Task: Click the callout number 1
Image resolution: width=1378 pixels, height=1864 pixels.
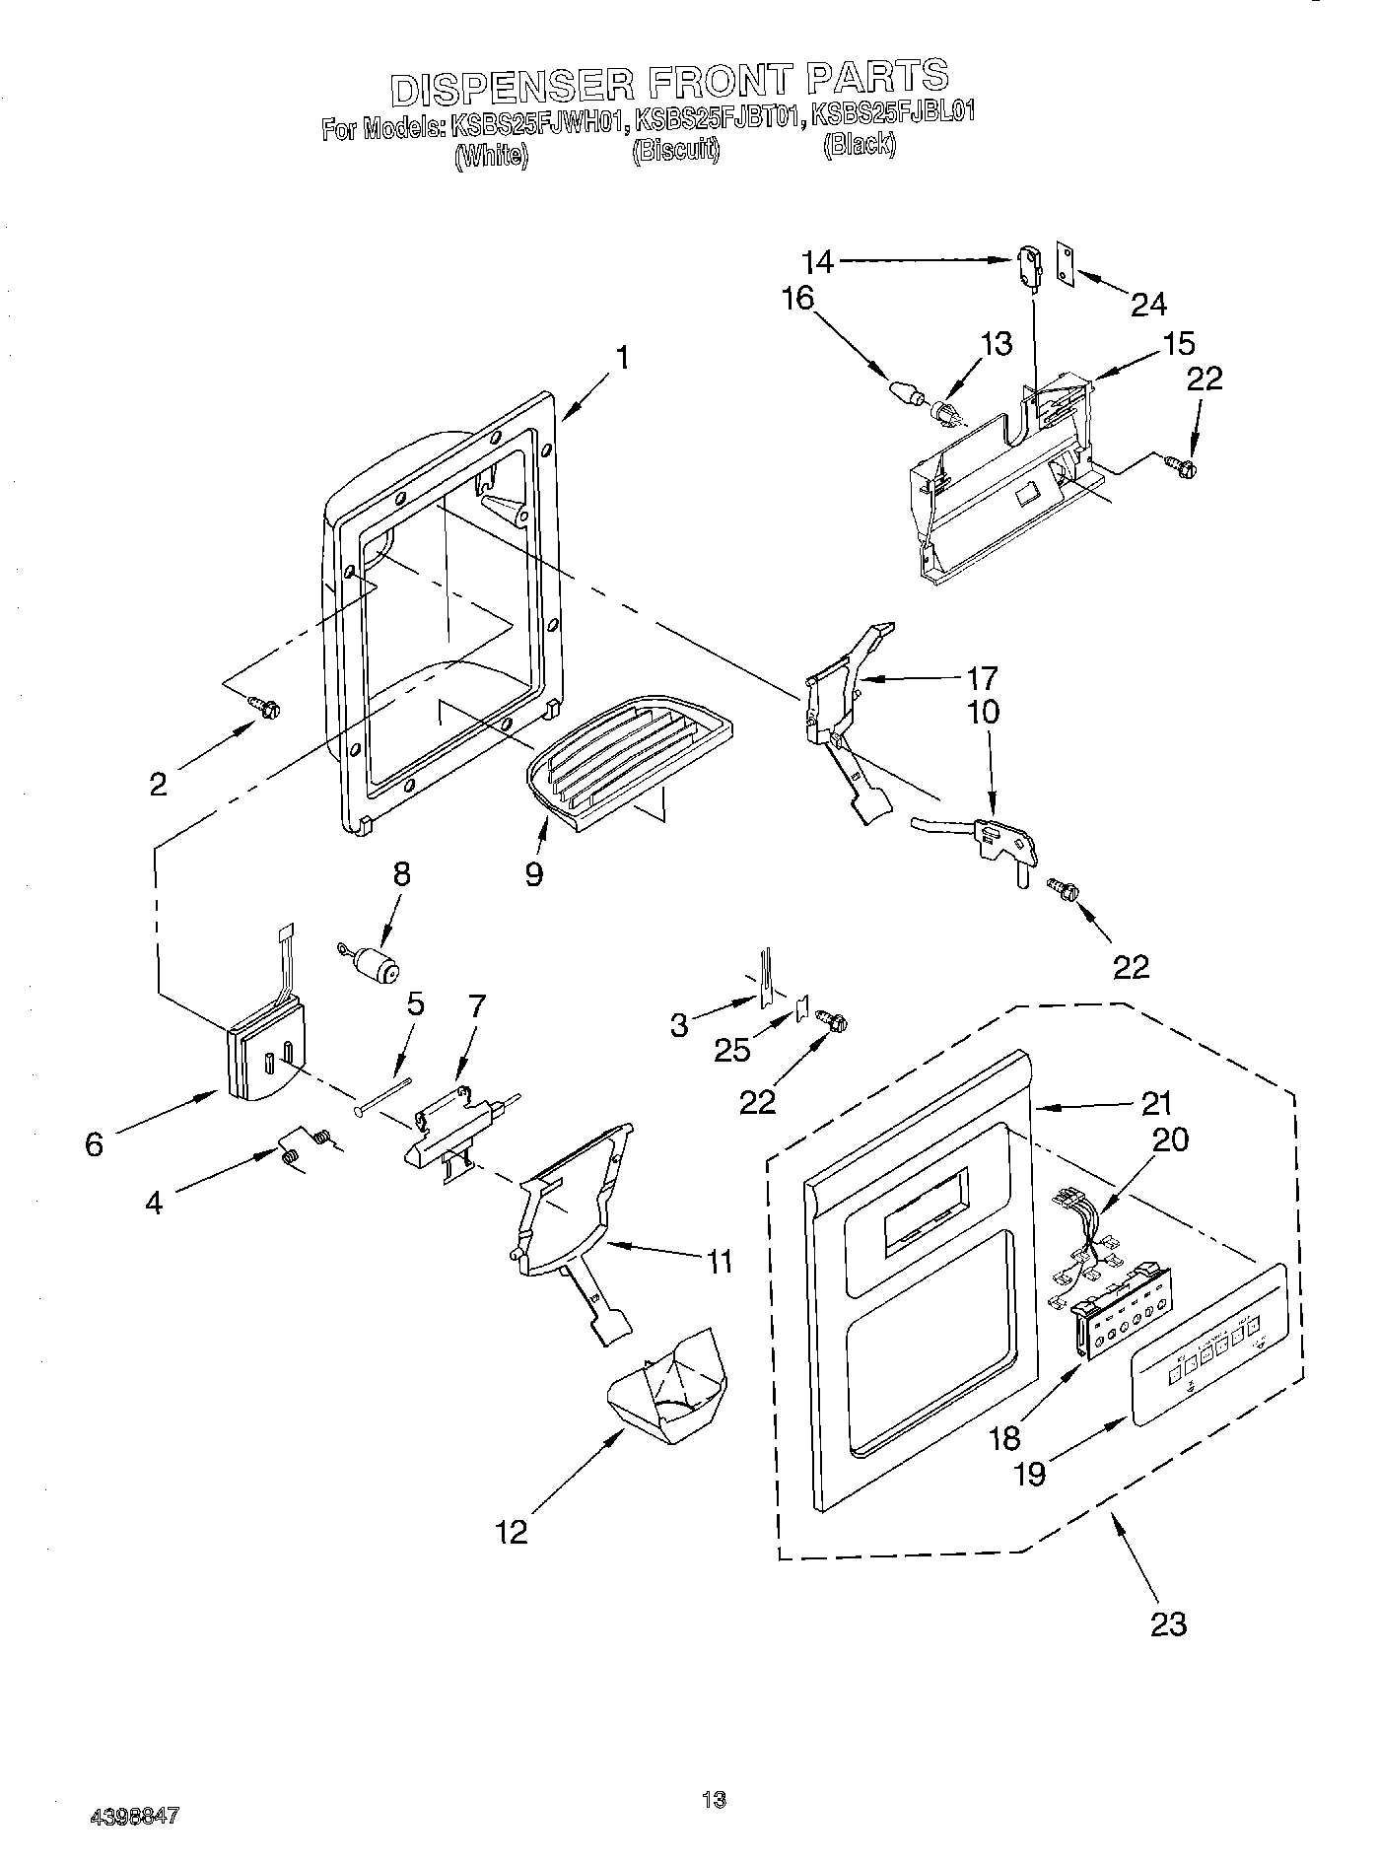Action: (622, 357)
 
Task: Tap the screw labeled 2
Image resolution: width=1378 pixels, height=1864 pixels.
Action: (265, 706)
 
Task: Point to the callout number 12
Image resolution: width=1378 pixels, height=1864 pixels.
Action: (513, 1531)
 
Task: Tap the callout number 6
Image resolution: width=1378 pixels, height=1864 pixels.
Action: (94, 1144)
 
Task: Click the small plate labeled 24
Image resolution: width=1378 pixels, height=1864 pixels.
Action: (1065, 263)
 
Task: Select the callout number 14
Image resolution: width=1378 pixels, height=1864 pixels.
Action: (817, 261)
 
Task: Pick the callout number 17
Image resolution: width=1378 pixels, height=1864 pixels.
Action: (982, 678)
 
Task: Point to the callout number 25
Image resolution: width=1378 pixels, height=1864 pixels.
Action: (731, 1050)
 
